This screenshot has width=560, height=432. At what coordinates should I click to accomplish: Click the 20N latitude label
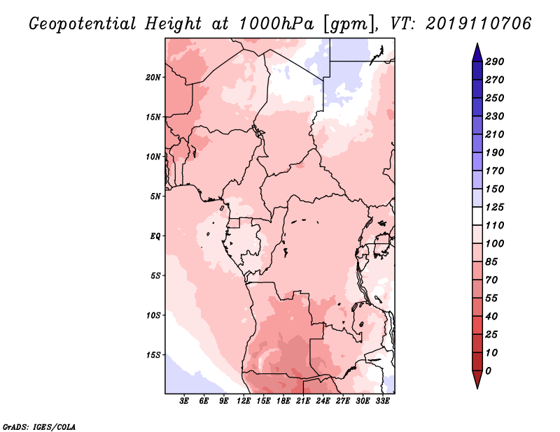pos(153,78)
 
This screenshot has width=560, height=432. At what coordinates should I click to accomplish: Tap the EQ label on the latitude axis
pos(155,236)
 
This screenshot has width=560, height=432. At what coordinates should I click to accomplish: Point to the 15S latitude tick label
pos(153,355)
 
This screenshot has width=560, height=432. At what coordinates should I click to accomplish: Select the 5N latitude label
pos(155,196)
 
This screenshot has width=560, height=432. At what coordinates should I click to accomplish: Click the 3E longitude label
pos(184,401)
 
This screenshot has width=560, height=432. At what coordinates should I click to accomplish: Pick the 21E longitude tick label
pos(303,401)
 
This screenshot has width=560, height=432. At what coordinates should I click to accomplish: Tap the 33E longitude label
pos(382,401)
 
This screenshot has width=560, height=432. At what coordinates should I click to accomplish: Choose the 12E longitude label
pos(243,401)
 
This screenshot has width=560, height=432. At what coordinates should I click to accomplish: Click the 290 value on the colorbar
pos(495,62)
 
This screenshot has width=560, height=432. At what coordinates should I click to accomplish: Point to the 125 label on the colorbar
pos(495,207)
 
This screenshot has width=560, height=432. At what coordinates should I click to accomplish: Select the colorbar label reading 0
pos(488,371)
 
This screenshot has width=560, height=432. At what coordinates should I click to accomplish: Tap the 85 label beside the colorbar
pos(491,262)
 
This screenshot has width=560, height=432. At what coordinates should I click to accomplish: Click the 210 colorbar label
pos(495,134)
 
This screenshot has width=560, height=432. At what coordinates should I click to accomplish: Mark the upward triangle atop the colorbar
pos(477,52)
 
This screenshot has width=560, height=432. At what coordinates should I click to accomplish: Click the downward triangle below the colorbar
pos(477,380)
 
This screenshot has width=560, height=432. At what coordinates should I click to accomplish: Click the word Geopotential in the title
pos(83,24)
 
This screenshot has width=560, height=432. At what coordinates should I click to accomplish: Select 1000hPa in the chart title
pos(276,24)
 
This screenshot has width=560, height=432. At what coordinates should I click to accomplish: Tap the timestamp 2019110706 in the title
pos(479,24)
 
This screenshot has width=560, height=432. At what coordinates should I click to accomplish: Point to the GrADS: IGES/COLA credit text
pos(39,427)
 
